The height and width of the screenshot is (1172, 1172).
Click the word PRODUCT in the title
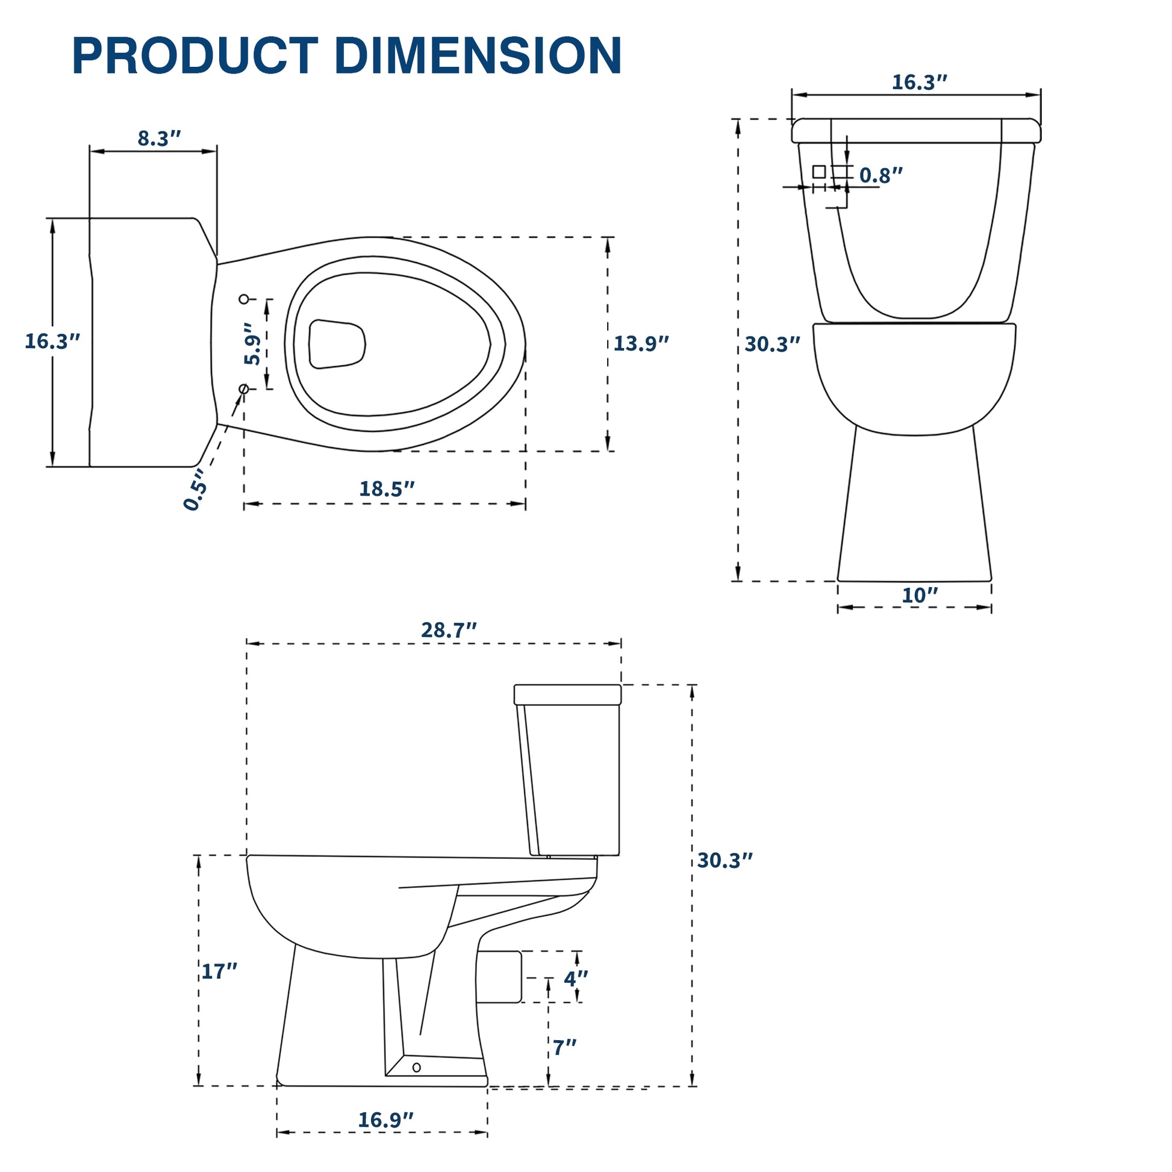point(195,56)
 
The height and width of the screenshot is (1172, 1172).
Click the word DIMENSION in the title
point(478,56)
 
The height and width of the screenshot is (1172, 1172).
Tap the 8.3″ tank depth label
point(160,139)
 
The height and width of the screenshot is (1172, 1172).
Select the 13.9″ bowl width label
point(641,343)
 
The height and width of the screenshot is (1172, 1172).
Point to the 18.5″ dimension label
point(387,488)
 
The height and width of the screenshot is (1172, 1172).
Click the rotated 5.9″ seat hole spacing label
point(253,343)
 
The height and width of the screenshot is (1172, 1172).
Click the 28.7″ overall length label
point(449,631)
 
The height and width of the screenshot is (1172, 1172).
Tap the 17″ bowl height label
point(220,971)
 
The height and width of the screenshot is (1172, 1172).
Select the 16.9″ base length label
point(386,1120)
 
